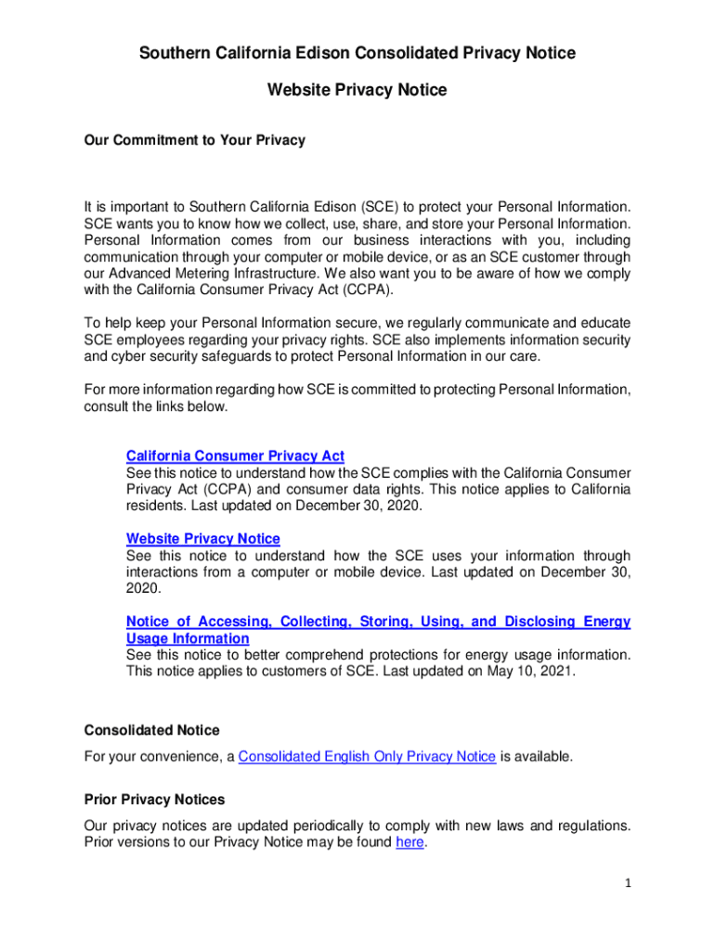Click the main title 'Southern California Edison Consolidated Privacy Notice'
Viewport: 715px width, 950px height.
pyautogui.click(x=357, y=53)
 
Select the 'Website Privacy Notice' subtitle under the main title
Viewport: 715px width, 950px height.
pyautogui.click(x=357, y=90)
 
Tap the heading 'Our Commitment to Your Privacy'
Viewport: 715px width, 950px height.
pyautogui.click(x=194, y=140)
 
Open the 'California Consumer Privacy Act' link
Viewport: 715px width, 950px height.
pyautogui.click(x=235, y=456)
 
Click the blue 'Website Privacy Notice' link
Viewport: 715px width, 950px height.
pyautogui.click(x=202, y=538)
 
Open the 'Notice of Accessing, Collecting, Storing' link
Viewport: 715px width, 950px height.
pyautogui.click(x=378, y=622)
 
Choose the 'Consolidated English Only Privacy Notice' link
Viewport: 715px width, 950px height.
pyautogui.click(x=367, y=756)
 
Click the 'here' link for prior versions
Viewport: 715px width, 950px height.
pyautogui.click(x=409, y=842)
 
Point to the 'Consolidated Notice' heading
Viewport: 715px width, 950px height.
pyautogui.click(x=151, y=730)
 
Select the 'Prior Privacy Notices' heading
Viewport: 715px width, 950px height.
pyautogui.click(x=154, y=799)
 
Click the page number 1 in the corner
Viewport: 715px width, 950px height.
pyautogui.click(x=628, y=883)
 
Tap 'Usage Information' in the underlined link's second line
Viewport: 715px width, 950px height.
pyautogui.click(x=188, y=638)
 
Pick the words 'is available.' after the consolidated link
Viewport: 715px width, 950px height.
pyautogui.click(x=537, y=756)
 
